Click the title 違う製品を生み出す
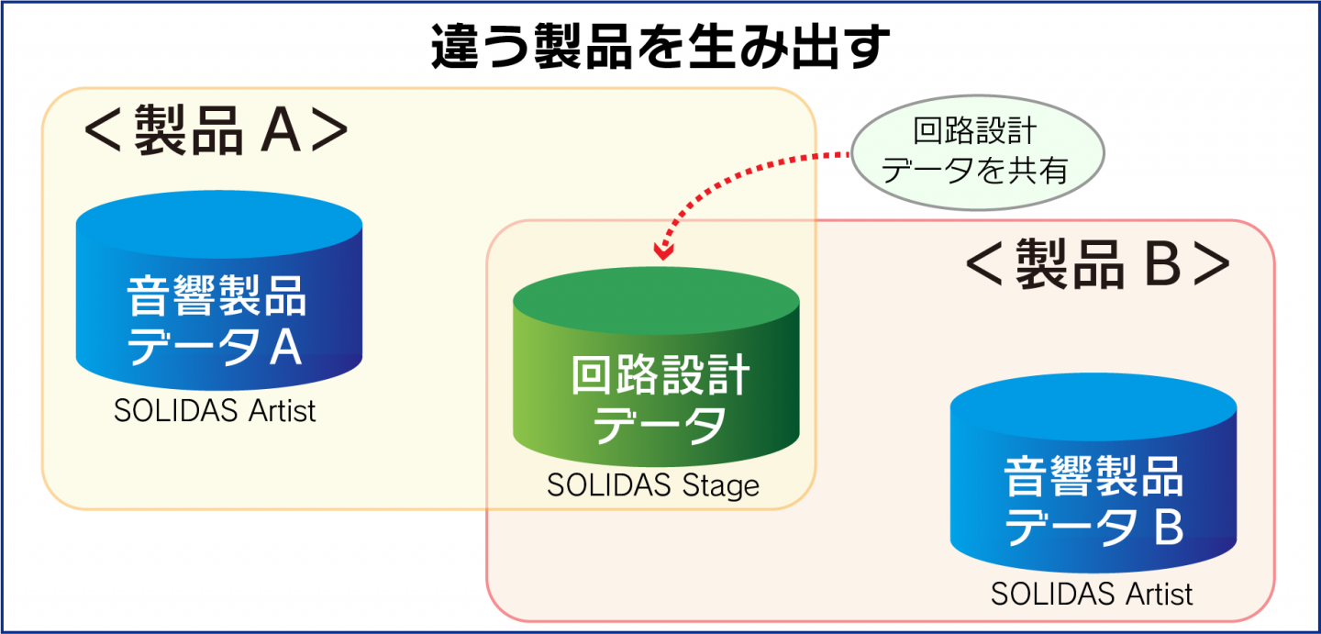click(660, 48)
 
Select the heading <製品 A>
click(216, 134)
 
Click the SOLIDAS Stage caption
click(653, 484)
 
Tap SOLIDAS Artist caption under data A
click(215, 410)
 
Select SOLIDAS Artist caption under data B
click(1092, 594)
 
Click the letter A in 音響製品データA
click(286, 349)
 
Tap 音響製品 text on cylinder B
click(1093, 479)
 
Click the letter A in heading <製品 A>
click(283, 134)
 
